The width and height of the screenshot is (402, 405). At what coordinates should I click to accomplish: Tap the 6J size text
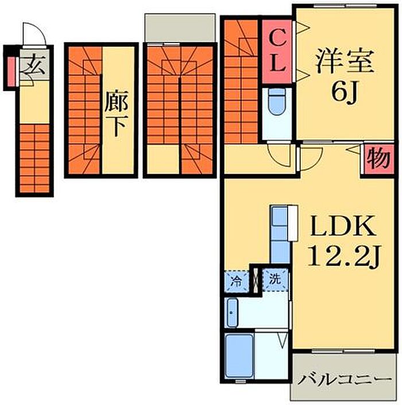(x=345, y=92)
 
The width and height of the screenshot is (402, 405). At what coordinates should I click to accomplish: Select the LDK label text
(x=343, y=226)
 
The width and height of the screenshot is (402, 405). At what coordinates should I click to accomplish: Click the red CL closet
(x=277, y=51)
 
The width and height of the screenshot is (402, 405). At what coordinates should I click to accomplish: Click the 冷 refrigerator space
(x=237, y=281)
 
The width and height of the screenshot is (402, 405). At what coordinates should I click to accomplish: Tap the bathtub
(x=238, y=356)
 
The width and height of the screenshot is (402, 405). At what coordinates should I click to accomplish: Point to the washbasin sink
(x=233, y=313)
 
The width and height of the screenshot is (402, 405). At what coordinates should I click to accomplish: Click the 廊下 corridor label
(x=116, y=114)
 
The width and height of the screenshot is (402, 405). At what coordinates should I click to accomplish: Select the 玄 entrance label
(x=34, y=65)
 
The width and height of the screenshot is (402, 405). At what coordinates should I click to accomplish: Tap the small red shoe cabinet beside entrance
(x=11, y=71)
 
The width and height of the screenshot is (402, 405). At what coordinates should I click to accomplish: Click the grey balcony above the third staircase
(x=180, y=28)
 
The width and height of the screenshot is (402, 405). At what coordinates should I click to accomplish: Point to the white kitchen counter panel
(x=293, y=223)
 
